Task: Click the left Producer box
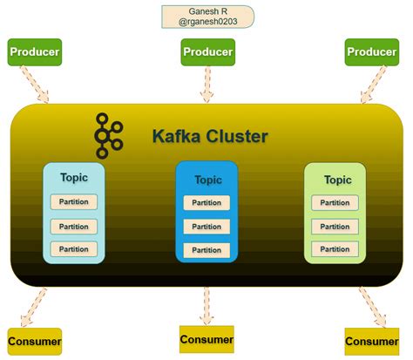[x=35, y=52]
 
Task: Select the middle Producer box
[x=207, y=53]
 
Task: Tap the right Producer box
[x=372, y=52]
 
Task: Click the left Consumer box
[x=35, y=341]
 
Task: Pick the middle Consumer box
[x=206, y=338]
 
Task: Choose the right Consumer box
[x=372, y=341]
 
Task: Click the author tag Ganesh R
[x=207, y=17]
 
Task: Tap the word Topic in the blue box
[x=207, y=180]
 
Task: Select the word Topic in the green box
[x=337, y=180]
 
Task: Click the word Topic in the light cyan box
[x=74, y=178]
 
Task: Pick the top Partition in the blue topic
[x=207, y=204]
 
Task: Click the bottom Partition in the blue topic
[x=207, y=249]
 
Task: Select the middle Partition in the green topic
[x=335, y=226]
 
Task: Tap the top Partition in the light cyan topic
[x=74, y=202]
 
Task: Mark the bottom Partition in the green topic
[x=335, y=248]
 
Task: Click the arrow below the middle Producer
[x=207, y=85]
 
